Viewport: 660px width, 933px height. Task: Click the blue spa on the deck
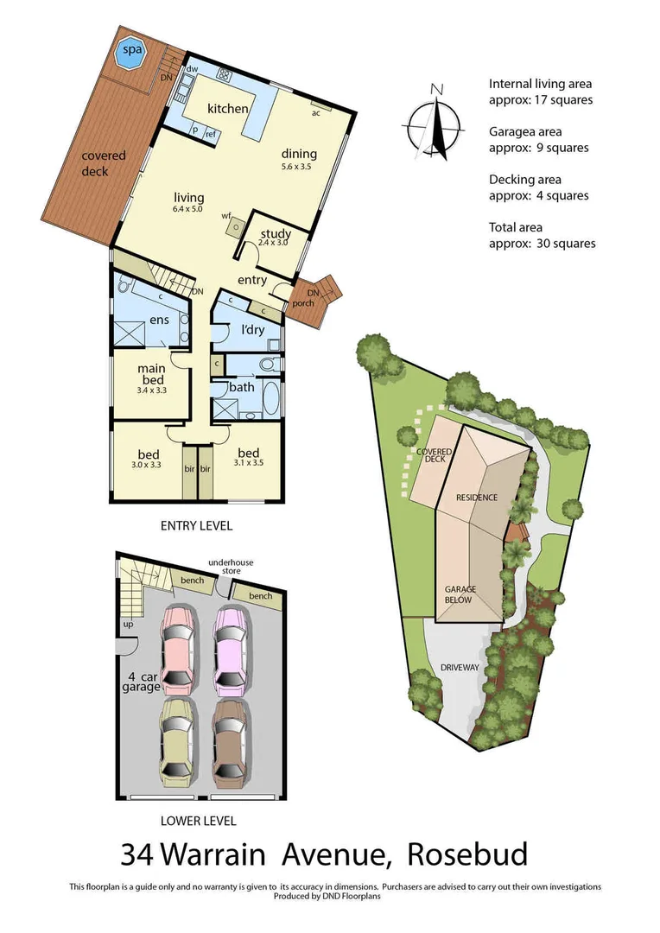point(131,49)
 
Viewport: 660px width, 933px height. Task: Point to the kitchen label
point(228,109)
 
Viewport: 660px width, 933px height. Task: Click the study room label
point(275,234)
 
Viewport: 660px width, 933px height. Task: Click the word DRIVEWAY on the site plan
point(459,668)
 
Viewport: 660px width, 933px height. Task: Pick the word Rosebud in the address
point(466,854)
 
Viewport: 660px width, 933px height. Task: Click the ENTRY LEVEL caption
point(196,525)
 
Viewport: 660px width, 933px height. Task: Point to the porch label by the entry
point(305,302)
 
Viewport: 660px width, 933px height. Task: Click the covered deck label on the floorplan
point(104,163)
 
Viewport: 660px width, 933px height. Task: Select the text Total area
point(516,228)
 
